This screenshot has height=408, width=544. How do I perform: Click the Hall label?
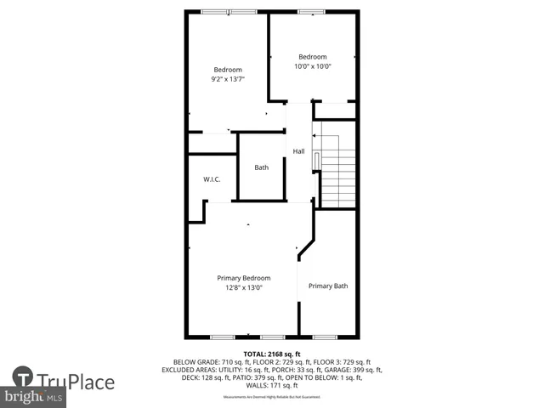[x=298, y=151]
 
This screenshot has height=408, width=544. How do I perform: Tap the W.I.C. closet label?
[x=212, y=179]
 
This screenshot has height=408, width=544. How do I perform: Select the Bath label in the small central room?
[x=261, y=167]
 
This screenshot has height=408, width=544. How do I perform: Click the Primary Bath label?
[x=327, y=286]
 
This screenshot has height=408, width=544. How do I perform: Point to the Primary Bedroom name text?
[x=243, y=278]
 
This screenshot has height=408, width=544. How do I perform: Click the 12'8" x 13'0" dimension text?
[x=243, y=288]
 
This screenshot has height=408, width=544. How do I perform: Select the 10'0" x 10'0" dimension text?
[x=312, y=66]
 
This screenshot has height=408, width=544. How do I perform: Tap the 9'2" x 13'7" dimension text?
[x=228, y=79]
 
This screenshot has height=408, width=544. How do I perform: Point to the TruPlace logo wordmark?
[x=76, y=379]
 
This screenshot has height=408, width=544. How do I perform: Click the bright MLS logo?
[x=34, y=397]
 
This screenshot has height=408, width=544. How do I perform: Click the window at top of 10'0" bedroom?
[x=311, y=12]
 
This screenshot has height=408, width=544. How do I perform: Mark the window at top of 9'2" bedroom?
[x=241, y=12]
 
